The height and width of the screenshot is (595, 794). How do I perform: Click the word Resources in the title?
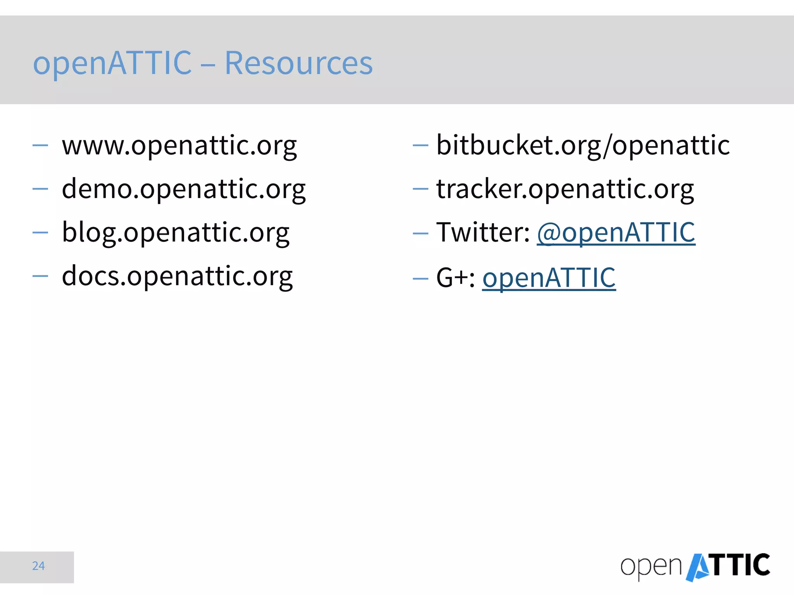click(x=299, y=63)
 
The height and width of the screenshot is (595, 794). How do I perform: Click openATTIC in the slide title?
click(x=112, y=63)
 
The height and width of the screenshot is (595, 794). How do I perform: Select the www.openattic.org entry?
click(x=179, y=146)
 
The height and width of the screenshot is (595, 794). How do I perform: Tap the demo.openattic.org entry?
click(x=184, y=189)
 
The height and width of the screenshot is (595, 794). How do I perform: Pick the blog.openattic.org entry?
click(x=176, y=232)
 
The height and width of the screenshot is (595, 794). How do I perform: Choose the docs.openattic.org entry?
click(x=177, y=276)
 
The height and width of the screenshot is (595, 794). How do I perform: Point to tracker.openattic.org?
click(x=565, y=189)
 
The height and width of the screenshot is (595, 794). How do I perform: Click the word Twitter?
click(x=483, y=232)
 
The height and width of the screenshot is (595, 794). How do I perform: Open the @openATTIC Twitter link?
click(x=616, y=232)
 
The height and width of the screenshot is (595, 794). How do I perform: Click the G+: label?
click(x=456, y=278)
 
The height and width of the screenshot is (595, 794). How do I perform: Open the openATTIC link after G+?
click(x=549, y=278)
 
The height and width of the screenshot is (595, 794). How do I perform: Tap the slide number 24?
click(x=38, y=566)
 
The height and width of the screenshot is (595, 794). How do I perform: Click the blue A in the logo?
click(x=698, y=568)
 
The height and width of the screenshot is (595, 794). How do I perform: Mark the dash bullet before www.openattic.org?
click(x=40, y=146)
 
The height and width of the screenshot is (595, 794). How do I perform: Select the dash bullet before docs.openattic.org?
click(x=40, y=276)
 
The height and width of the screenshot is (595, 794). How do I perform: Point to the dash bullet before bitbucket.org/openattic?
click(x=420, y=146)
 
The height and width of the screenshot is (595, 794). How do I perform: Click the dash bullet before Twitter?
click(x=420, y=233)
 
